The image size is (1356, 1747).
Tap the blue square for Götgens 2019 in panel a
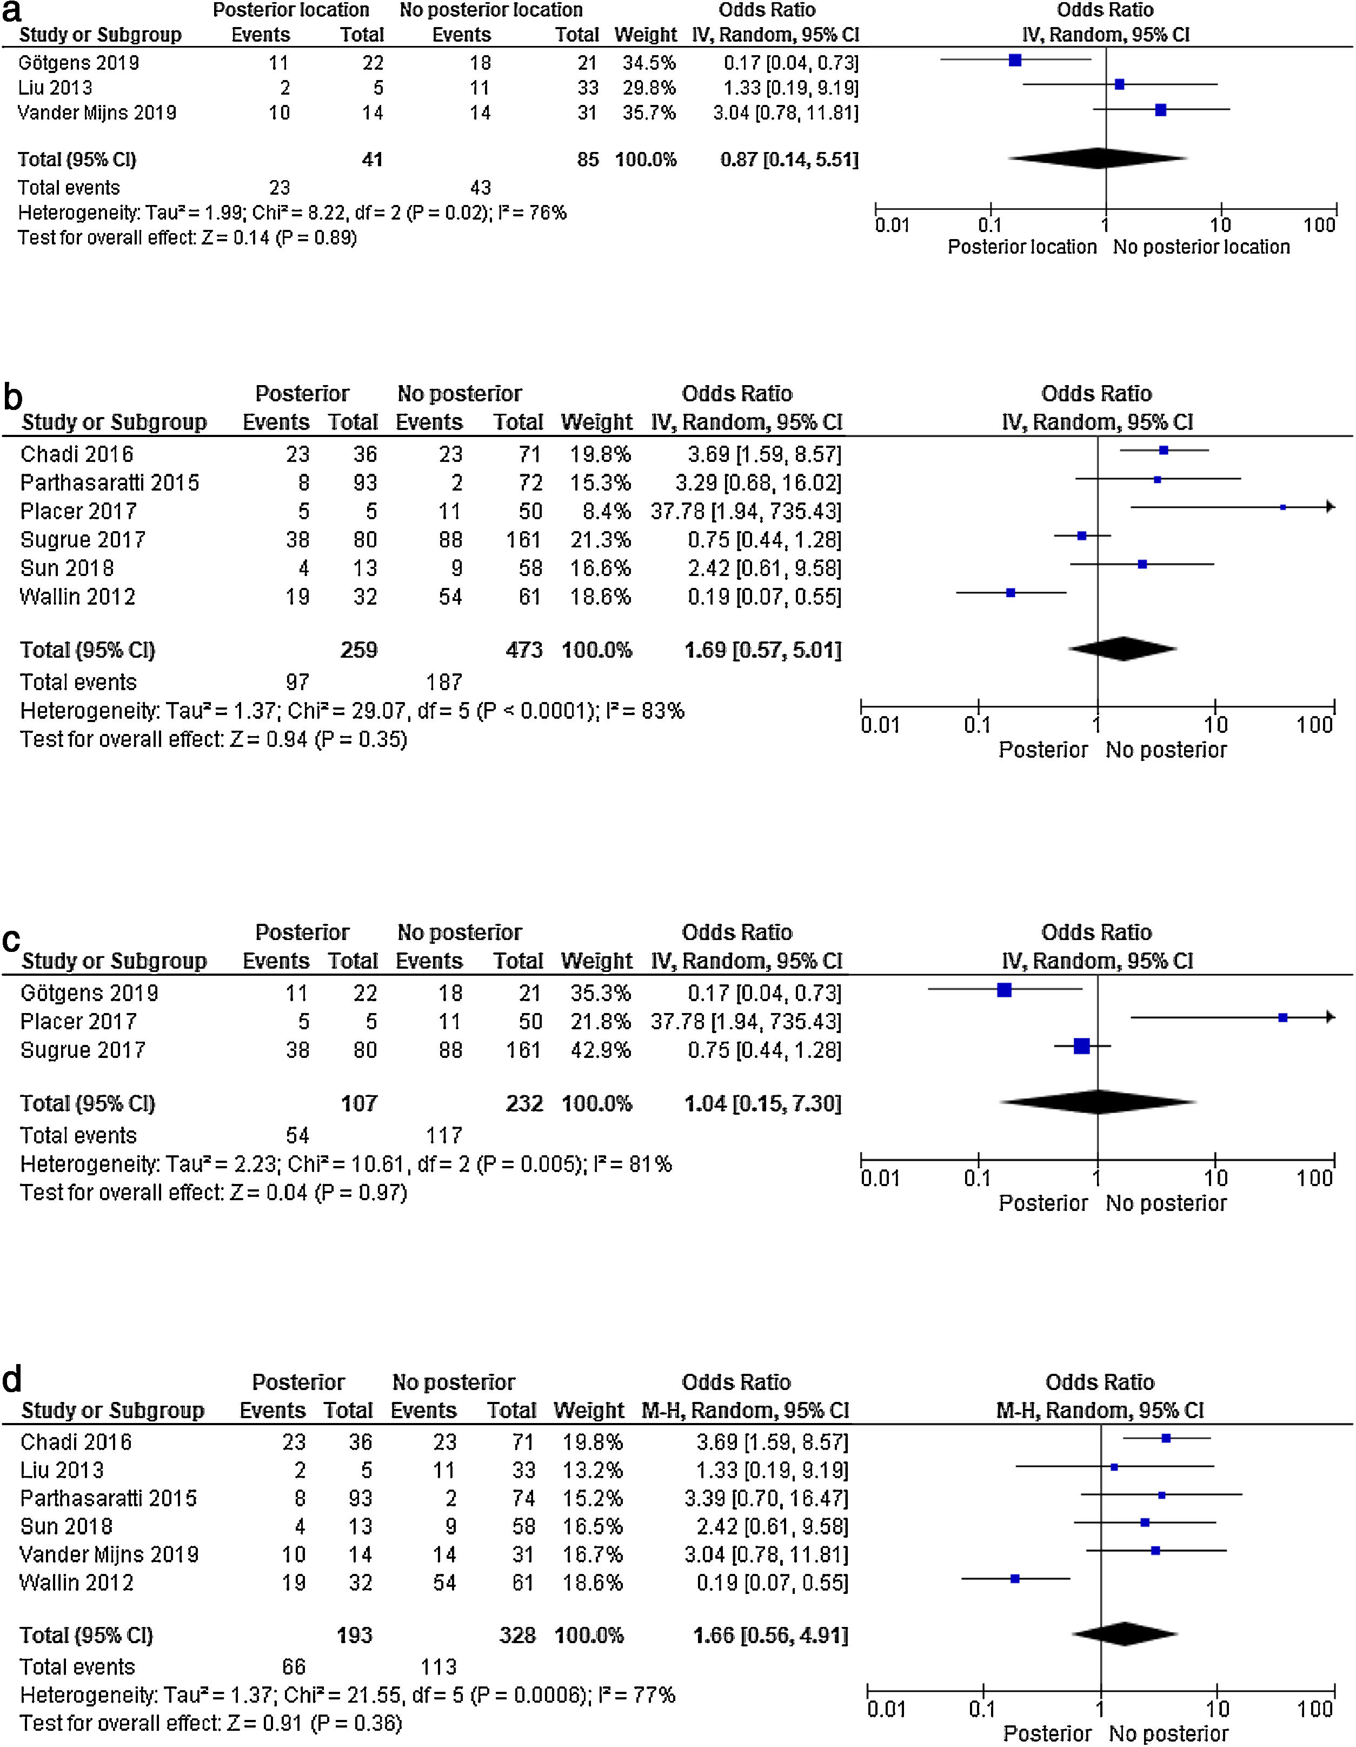tap(1015, 60)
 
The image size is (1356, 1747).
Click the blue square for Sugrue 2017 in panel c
tap(1082, 1045)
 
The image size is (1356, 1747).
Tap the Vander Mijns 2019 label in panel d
tap(109, 1554)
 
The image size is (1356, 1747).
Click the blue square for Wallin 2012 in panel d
tap(1015, 1578)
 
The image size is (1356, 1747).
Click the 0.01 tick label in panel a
tap(892, 226)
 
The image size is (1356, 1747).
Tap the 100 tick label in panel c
tap(1314, 1178)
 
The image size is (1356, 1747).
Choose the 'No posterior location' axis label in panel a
tap(1201, 247)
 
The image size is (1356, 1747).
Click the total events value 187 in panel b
tap(444, 683)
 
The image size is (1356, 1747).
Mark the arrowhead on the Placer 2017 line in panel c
tap(1330, 1017)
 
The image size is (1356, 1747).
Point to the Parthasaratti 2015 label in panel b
tap(110, 482)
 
